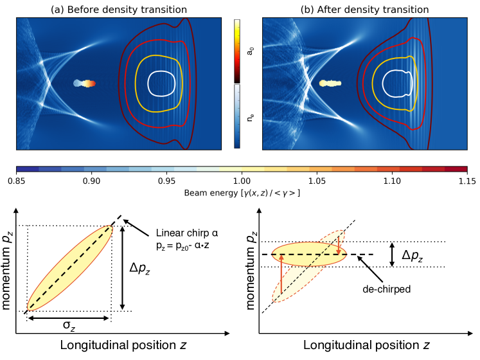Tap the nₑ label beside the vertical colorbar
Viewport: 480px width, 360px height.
[251, 117]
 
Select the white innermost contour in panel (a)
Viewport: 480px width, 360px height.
[161, 82]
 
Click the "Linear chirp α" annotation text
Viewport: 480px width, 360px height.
[177, 233]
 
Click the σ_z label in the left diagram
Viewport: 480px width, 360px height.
[69, 327]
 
